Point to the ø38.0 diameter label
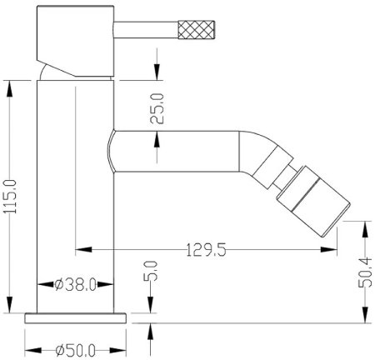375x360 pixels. (x=75, y=284)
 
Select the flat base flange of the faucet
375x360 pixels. (x=77, y=317)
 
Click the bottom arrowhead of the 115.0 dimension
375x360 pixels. (x=10, y=307)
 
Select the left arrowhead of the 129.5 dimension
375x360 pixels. (x=81, y=248)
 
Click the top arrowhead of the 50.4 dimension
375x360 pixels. (x=364, y=225)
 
